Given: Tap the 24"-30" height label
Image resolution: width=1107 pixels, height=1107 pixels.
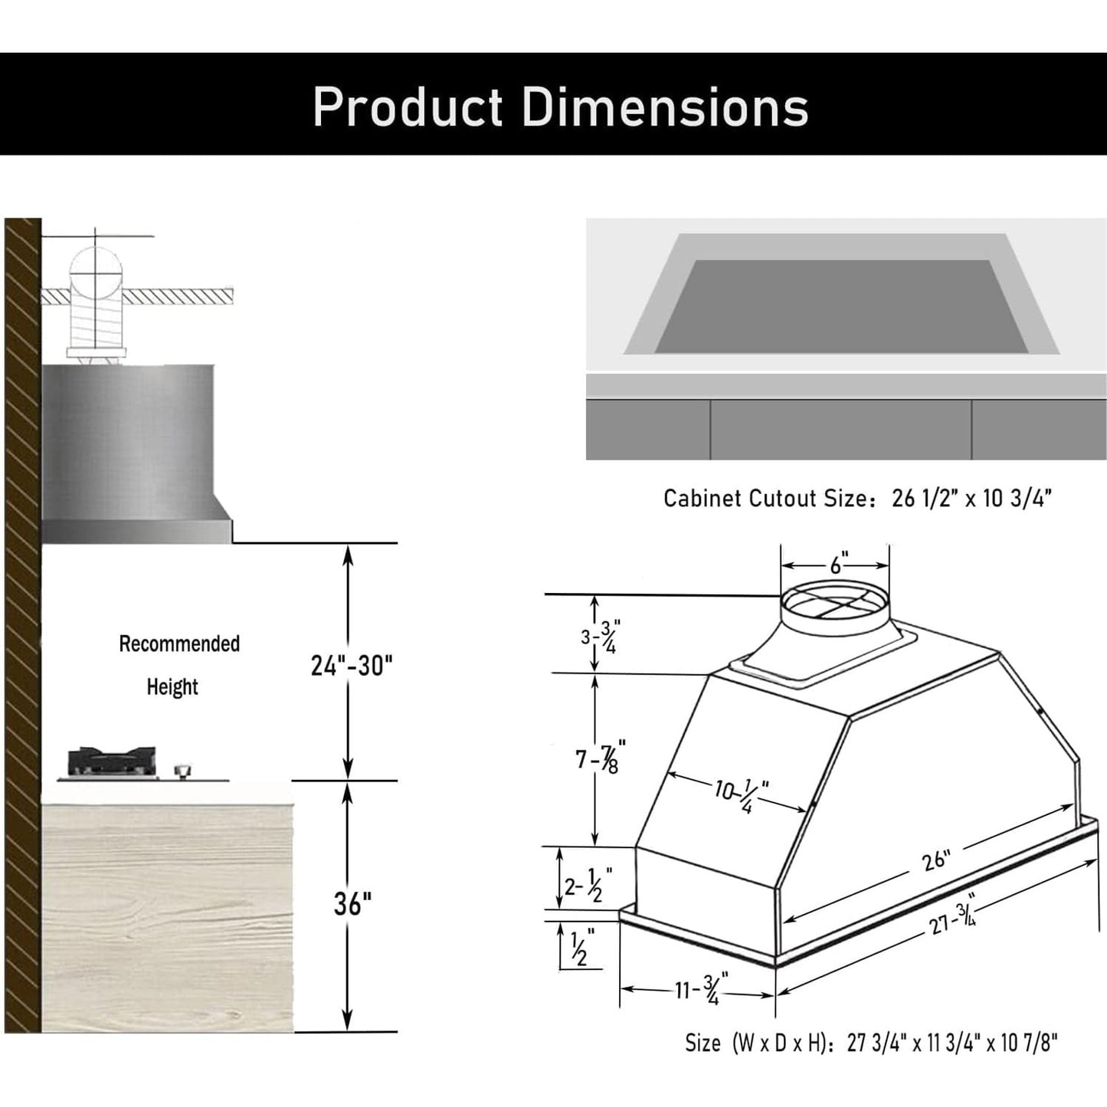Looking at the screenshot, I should point(351,665).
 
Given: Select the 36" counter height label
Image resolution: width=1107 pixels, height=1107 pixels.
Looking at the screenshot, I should point(352,904).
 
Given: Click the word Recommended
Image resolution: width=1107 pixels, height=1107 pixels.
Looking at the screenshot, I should point(179,644).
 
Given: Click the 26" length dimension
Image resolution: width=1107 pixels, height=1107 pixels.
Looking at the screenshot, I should point(935,860).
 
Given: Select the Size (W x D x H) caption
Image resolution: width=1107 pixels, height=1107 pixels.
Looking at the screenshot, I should point(871,1043).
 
